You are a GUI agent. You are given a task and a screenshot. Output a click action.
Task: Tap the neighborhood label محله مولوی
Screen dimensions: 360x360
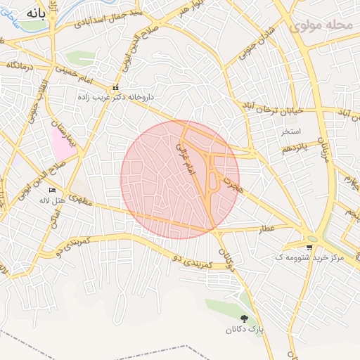(321, 25)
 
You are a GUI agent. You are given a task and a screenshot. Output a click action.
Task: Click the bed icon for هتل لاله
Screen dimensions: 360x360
(51, 191)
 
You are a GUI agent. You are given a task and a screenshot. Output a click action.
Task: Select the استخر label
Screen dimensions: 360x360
(290, 131)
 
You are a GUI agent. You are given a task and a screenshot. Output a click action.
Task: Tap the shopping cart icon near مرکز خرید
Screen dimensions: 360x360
(310, 247)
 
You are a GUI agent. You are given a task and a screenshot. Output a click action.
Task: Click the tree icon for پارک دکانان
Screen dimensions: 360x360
(245, 319)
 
